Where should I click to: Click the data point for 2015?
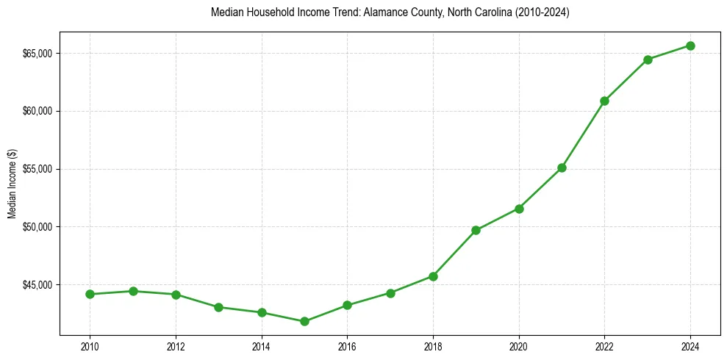pyautogui.click(x=304, y=321)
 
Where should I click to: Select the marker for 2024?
pyautogui.click(x=690, y=46)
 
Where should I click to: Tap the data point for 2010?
pyautogui.click(x=90, y=294)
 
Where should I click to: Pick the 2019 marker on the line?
pyautogui.click(x=476, y=230)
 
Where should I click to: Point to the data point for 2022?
pyautogui.click(x=604, y=101)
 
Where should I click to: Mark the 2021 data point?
pyautogui.click(x=562, y=168)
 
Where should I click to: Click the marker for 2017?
pyautogui.click(x=390, y=293)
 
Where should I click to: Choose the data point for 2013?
pyautogui.click(x=218, y=307)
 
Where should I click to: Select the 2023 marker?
pyautogui.click(x=648, y=60)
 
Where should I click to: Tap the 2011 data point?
pyautogui.click(x=133, y=291)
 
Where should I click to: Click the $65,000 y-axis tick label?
pyautogui.click(x=37, y=54)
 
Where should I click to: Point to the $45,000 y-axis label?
pyautogui.click(x=37, y=284)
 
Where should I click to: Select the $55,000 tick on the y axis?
pyautogui.click(x=37, y=169)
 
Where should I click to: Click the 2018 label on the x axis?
pyautogui.click(x=433, y=345)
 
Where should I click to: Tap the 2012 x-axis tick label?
pyautogui.click(x=176, y=345)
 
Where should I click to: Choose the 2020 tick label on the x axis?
pyautogui.click(x=519, y=345)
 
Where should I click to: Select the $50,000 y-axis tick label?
pyautogui.click(x=37, y=226)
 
